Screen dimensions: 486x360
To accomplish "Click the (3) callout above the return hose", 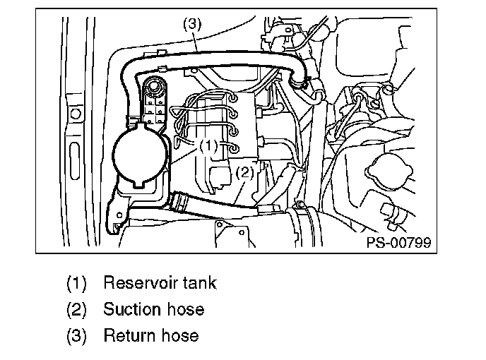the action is (x=192, y=24).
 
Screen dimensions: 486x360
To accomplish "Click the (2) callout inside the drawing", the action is (x=245, y=172).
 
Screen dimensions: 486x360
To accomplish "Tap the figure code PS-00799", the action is (x=398, y=242).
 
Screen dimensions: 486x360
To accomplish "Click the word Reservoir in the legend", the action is (x=140, y=282).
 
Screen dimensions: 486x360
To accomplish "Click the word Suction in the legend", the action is (x=132, y=309).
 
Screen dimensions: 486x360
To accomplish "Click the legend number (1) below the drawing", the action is (x=76, y=283).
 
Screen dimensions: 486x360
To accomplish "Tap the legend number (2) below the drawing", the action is (x=76, y=309).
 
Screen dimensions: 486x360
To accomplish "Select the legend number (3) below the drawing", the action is (x=76, y=336).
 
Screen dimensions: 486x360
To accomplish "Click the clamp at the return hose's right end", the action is (x=299, y=81).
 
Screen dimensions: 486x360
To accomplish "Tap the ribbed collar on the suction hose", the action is (x=178, y=202).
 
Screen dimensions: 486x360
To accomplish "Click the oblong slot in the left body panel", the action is (x=75, y=160).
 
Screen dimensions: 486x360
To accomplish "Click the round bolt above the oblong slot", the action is (x=76, y=114).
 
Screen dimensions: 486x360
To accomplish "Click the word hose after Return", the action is (x=179, y=335).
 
